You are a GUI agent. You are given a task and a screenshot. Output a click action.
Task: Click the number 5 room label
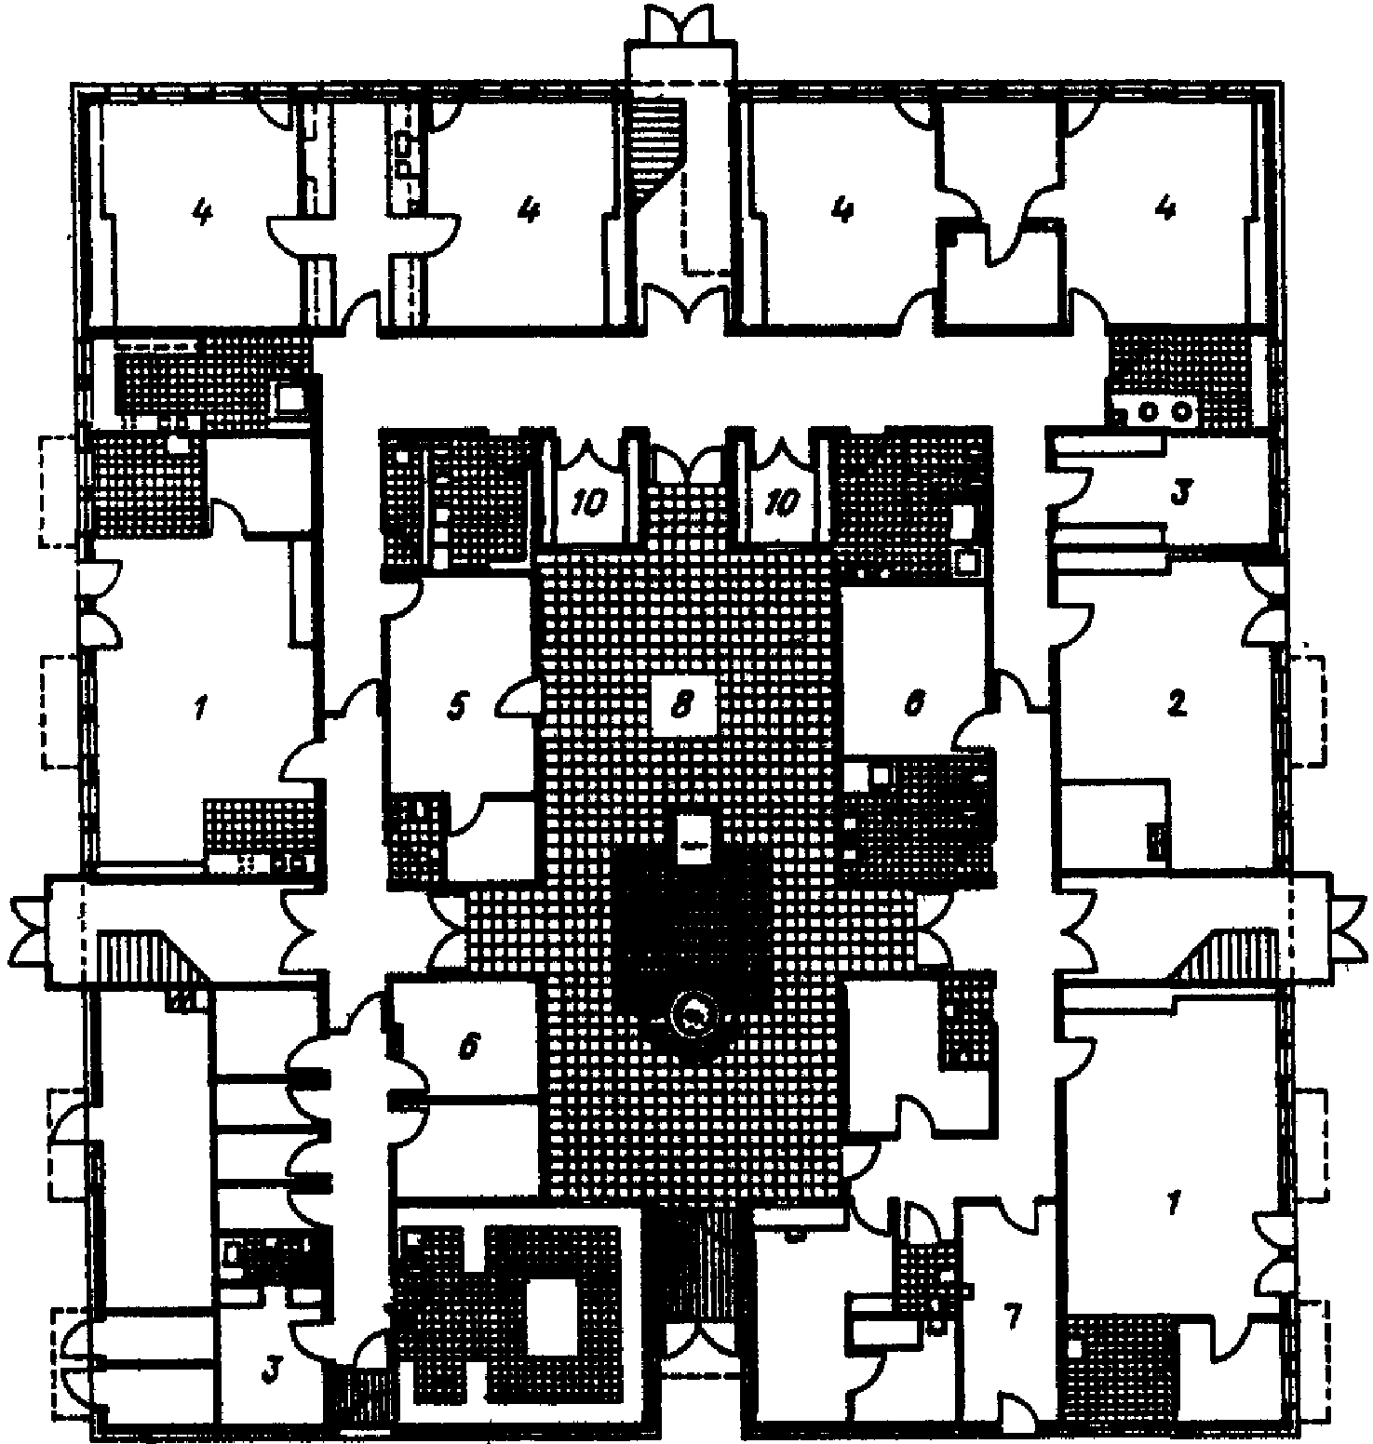(x=455, y=707)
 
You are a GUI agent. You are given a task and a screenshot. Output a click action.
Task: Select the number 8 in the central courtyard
(x=682, y=706)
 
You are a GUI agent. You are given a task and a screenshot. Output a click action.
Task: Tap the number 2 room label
(x=1177, y=704)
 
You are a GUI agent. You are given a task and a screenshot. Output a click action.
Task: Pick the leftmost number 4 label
(x=201, y=212)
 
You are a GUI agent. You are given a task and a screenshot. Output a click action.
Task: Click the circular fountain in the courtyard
(x=693, y=1013)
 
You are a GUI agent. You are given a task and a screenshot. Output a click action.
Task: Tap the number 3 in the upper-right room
(x=1178, y=492)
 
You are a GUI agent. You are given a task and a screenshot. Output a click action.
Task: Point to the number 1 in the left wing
(x=197, y=712)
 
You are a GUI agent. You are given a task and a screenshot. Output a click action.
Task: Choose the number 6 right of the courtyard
(x=913, y=705)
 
